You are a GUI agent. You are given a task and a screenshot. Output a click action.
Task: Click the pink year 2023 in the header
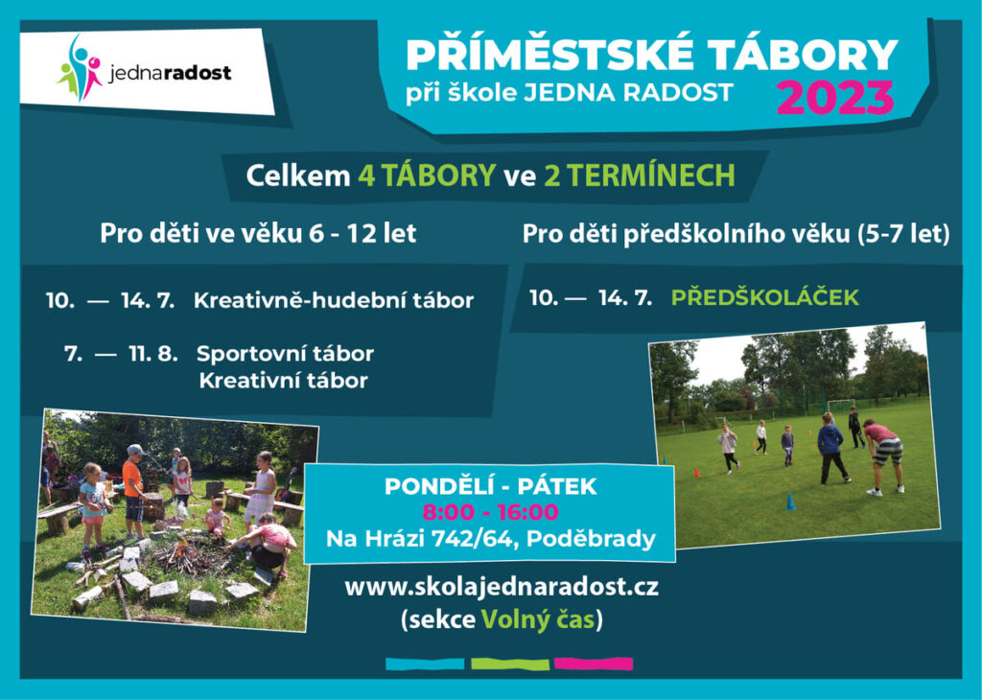pos(835,98)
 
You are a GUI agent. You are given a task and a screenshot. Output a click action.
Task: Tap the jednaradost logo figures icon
pos(80,69)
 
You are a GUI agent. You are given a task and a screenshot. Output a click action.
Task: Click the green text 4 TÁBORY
pos(427,175)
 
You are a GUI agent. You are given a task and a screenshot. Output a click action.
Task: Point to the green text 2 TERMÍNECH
pos(640,175)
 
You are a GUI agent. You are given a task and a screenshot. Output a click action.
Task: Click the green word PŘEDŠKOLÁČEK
pos(764,297)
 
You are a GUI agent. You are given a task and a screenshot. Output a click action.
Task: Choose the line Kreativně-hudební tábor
pos(333,300)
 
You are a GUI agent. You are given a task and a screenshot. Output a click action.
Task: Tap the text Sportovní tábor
pos(285,354)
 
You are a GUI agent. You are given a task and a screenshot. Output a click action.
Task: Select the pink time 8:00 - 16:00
pos(490,512)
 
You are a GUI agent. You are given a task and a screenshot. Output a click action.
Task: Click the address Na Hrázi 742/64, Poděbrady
pos(490,539)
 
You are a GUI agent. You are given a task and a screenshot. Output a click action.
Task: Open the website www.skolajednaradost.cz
pos(501,587)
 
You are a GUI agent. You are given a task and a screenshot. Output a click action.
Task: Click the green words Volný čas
pos(537,619)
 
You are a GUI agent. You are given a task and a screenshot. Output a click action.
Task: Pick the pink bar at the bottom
pos(594,664)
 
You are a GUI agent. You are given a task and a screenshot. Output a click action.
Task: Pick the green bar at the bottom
pos(510,664)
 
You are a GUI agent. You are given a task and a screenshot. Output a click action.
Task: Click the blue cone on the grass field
pos(790,502)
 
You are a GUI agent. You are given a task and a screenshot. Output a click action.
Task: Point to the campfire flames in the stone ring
pos(181,551)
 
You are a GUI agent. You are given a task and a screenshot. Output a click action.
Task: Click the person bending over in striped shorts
pos(884,455)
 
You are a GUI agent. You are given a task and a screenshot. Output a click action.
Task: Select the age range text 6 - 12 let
pos(362,234)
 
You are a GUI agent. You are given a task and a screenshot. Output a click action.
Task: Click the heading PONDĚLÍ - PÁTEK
pos(490,486)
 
